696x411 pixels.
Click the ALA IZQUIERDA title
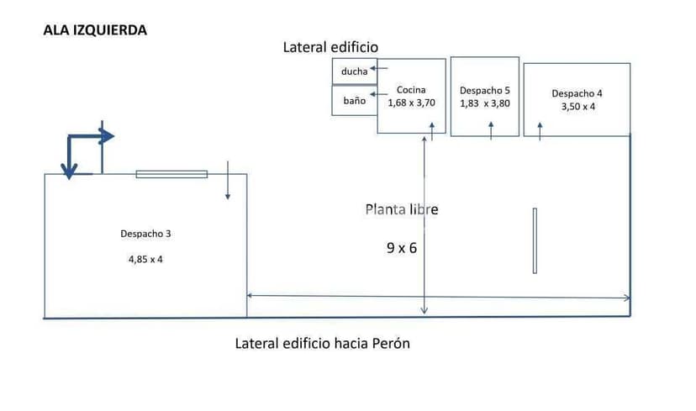coord(95,30)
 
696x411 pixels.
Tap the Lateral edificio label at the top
coord(330,48)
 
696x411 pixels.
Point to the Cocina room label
coord(411,90)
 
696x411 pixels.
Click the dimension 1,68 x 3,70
coord(411,103)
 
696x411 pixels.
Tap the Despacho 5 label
coord(485,90)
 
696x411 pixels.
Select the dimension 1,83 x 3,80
coord(485,103)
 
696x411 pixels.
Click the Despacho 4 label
coord(577,93)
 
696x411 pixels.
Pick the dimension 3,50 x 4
coord(577,107)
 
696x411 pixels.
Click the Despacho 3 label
coord(146,234)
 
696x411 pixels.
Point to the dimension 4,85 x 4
coord(145,259)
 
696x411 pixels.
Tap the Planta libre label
coord(401,209)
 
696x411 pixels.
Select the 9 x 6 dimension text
coord(402,248)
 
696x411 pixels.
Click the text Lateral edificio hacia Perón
coord(323,344)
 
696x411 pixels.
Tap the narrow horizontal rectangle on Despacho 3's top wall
coord(171,174)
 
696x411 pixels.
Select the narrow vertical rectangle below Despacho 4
coord(535,240)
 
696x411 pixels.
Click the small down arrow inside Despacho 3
coord(228,183)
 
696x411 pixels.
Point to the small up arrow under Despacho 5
coord(492,129)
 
